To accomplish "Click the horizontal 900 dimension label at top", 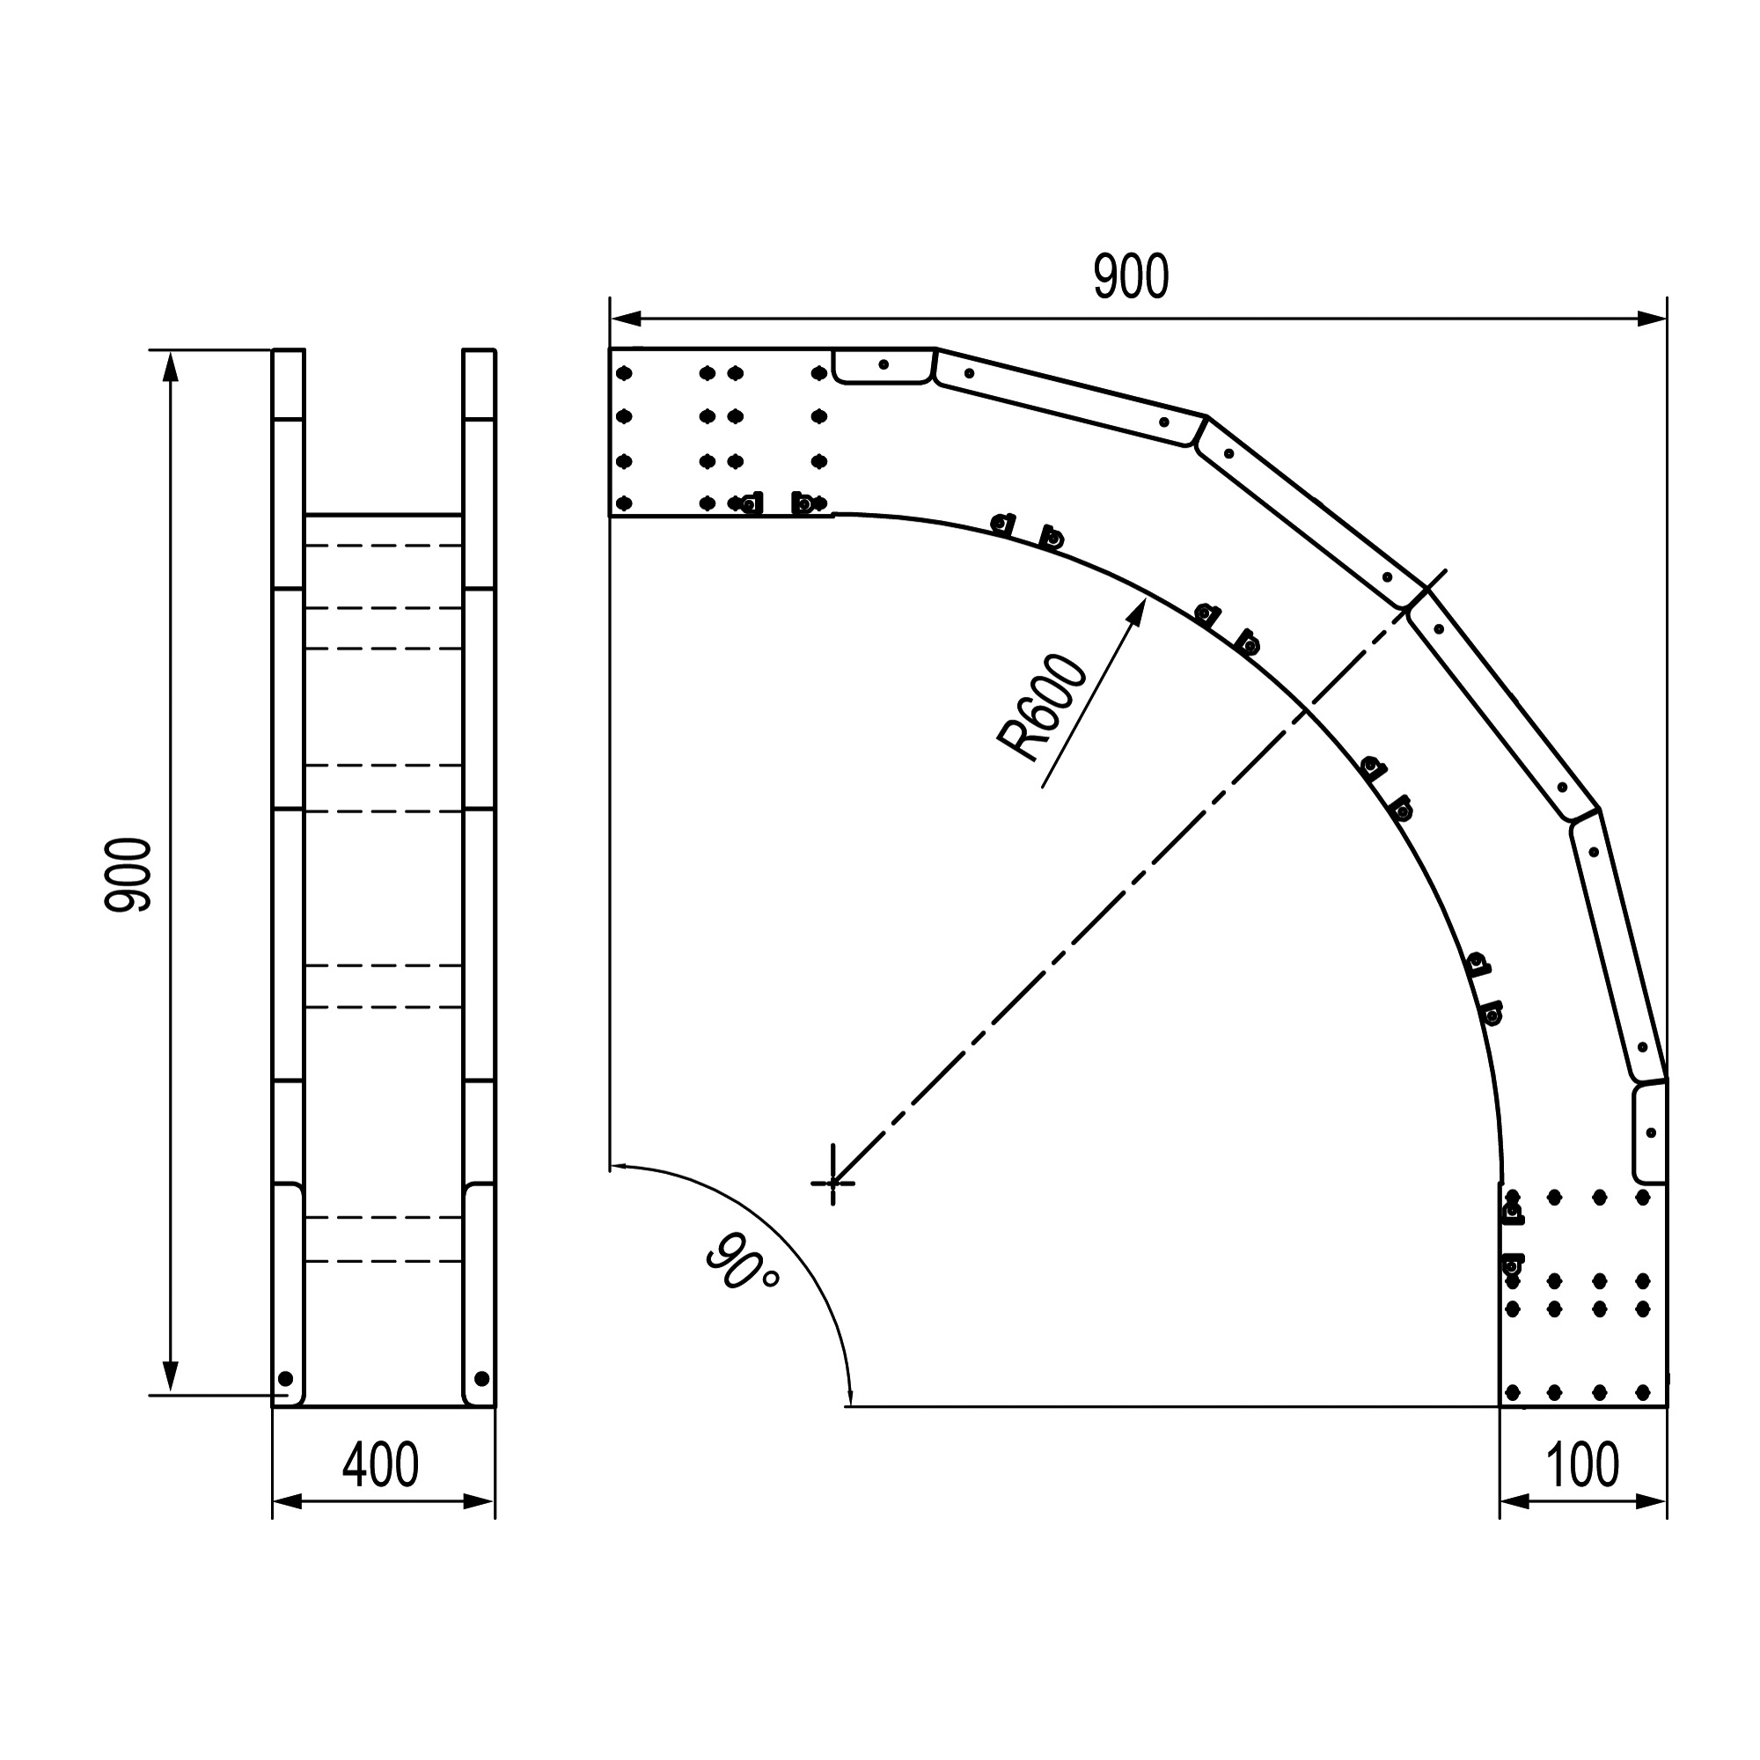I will click(x=1131, y=278).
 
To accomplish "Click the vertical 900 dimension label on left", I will click(x=128, y=875).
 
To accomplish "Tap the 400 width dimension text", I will click(x=381, y=1465).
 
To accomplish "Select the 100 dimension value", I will click(x=1582, y=1465).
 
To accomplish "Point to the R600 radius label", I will click(x=1042, y=708).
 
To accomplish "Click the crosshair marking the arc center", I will click(x=832, y=1184).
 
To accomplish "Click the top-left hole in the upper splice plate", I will click(x=624, y=372).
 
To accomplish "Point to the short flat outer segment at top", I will click(x=883, y=365).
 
